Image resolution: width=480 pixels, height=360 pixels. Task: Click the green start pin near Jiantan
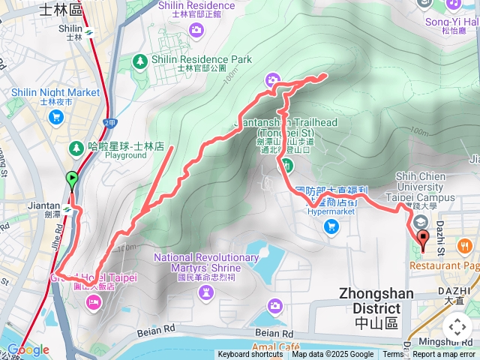[x=72, y=180]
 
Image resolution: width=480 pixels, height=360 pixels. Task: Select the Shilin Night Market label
[x=55, y=92]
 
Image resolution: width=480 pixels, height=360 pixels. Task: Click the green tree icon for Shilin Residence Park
[x=139, y=60]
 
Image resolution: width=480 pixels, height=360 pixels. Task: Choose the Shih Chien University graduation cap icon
[x=421, y=223]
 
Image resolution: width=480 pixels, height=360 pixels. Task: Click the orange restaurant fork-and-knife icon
[x=466, y=245]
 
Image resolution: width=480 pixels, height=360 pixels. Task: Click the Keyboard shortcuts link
[x=250, y=355]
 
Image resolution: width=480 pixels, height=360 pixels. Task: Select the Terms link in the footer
[x=393, y=355]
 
